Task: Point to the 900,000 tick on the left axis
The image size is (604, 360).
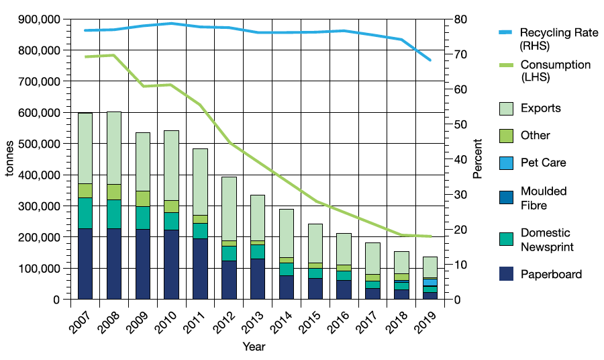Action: click(36, 19)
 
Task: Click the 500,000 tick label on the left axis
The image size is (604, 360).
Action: click(36, 144)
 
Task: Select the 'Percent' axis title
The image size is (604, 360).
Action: click(477, 159)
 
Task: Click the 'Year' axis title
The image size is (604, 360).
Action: click(254, 347)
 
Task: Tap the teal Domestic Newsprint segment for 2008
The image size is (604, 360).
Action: click(114, 214)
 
